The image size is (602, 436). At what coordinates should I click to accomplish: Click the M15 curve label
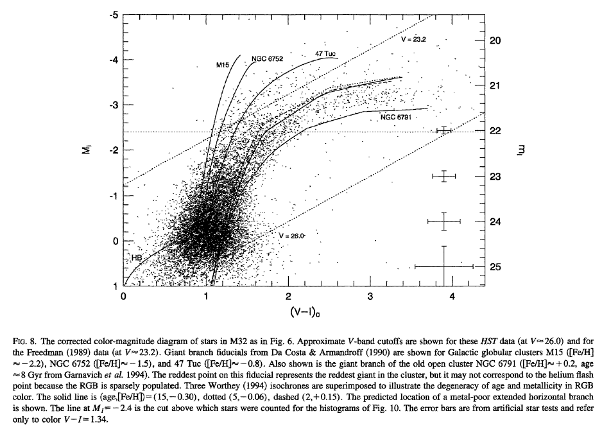[223, 65]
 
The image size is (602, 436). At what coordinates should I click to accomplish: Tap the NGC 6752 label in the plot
[267, 58]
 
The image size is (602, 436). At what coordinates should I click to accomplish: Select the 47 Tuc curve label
[325, 53]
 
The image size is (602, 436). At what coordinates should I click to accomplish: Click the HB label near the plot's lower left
[136, 257]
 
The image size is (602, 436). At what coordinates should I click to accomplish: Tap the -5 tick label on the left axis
[114, 14]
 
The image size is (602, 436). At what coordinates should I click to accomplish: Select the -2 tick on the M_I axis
[114, 150]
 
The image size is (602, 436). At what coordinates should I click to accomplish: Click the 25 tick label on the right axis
[495, 266]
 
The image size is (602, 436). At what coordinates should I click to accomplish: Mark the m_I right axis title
[522, 151]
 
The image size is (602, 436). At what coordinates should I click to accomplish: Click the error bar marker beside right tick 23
[444, 176]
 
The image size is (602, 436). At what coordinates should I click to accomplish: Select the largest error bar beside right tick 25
[444, 266]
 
